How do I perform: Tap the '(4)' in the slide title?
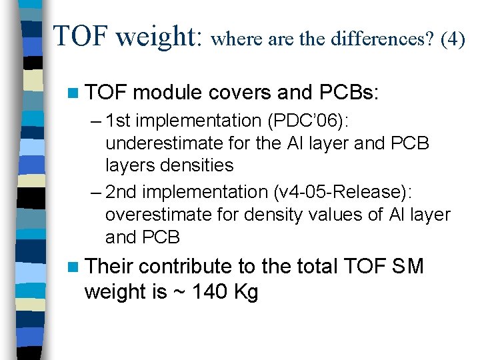click(x=451, y=39)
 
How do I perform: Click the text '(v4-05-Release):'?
click(x=342, y=193)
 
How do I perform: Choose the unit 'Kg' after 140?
click(x=245, y=292)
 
